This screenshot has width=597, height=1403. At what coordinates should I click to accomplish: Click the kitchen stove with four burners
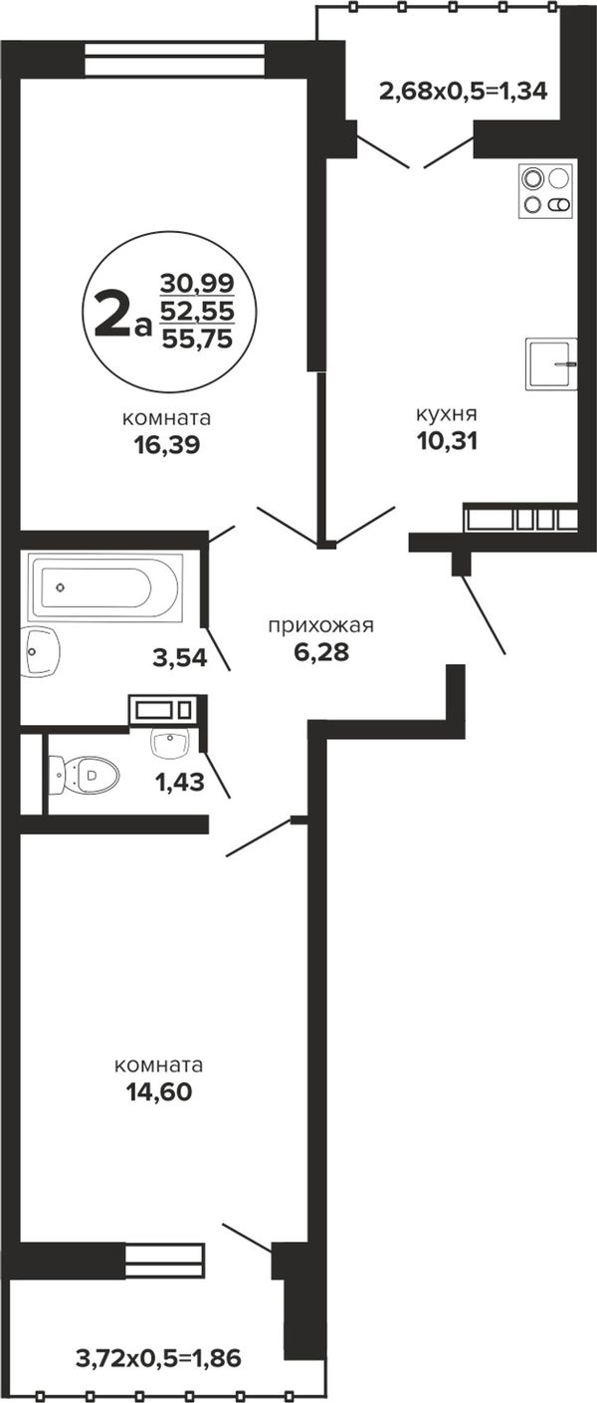pyautogui.click(x=545, y=191)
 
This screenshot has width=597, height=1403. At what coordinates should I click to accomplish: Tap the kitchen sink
pyautogui.click(x=550, y=363)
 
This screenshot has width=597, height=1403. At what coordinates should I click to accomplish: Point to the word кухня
pyautogui.click(x=447, y=414)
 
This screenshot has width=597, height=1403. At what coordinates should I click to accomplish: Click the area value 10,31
pyautogui.click(x=448, y=441)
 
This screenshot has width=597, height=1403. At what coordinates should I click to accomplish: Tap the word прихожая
pyautogui.click(x=320, y=625)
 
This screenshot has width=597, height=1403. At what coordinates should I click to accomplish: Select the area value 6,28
pyautogui.click(x=321, y=652)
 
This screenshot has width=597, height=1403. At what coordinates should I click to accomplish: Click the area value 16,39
pyautogui.click(x=166, y=445)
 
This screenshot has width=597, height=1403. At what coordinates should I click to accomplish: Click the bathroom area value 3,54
pyautogui.click(x=180, y=657)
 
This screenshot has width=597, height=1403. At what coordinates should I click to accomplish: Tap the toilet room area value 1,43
pyautogui.click(x=180, y=781)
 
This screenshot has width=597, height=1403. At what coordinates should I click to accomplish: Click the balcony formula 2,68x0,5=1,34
pyautogui.click(x=464, y=92)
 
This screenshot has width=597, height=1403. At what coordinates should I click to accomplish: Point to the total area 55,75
pyautogui.click(x=197, y=339)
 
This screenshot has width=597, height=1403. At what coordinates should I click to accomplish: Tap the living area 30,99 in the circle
pyautogui.click(x=197, y=283)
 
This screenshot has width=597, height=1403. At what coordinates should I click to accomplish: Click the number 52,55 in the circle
pyautogui.click(x=197, y=311)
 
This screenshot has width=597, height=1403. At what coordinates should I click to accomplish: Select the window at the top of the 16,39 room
pyautogui.click(x=175, y=58)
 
